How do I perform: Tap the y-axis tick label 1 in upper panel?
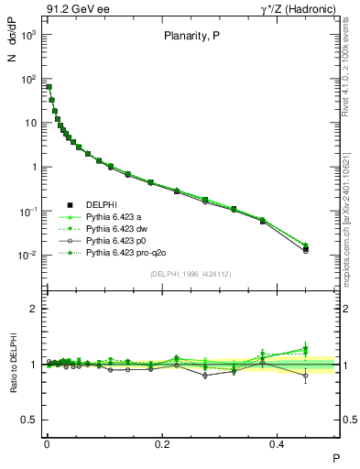point(32,168)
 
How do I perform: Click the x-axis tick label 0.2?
point(163,442)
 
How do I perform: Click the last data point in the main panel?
point(306,248)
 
